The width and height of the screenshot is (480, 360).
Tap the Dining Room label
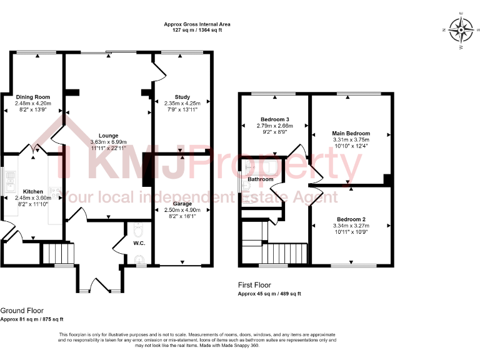pyautogui.click(x=32, y=97)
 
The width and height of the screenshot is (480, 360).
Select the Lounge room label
pyautogui.click(x=108, y=135)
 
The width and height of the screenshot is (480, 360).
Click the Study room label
pyautogui.click(x=182, y=97)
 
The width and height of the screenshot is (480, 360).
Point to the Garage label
pyautogui.click(x=182, y=204)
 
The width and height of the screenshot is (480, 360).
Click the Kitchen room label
pyautogui.click(x=32, y=191)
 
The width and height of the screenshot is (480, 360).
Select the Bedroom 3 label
pyautogui.click(x=275, y=119)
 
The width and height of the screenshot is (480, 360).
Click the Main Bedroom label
pyautogui.click(x=351, y=133)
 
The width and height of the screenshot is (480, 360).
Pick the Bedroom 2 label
pyautogui.click(x=351, y=219)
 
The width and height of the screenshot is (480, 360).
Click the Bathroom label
pyautogui.click(x=260, y=179)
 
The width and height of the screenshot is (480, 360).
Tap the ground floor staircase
pyautogui.click(x=57, y=254)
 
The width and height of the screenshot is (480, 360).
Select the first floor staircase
pyautogui.click(x=284, y=254)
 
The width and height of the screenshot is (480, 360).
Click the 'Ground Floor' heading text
pyautogui.click(x=22, y=310)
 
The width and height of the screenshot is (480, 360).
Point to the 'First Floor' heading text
pyautogui.click(x=255, y=285)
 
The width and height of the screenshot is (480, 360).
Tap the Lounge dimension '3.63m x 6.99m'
pyautogui.click(x=108, y=142)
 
